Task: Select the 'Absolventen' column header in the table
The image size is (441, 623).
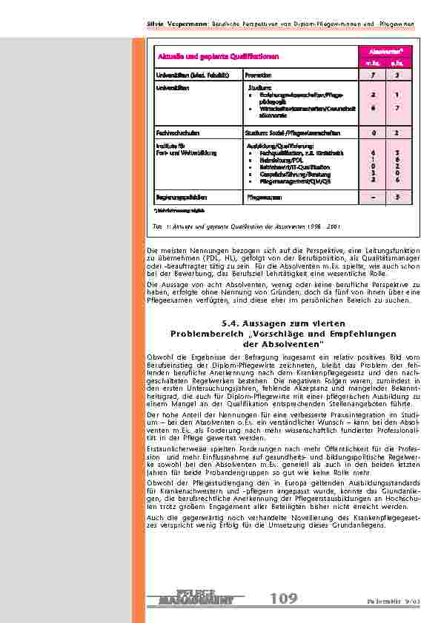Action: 387,50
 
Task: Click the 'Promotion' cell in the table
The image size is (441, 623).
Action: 257,75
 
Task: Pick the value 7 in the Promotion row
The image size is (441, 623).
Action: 374,75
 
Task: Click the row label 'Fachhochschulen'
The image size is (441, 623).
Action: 176,133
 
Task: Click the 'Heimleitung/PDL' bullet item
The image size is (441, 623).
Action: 276,158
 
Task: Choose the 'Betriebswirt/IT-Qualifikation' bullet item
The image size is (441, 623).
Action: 290,165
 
